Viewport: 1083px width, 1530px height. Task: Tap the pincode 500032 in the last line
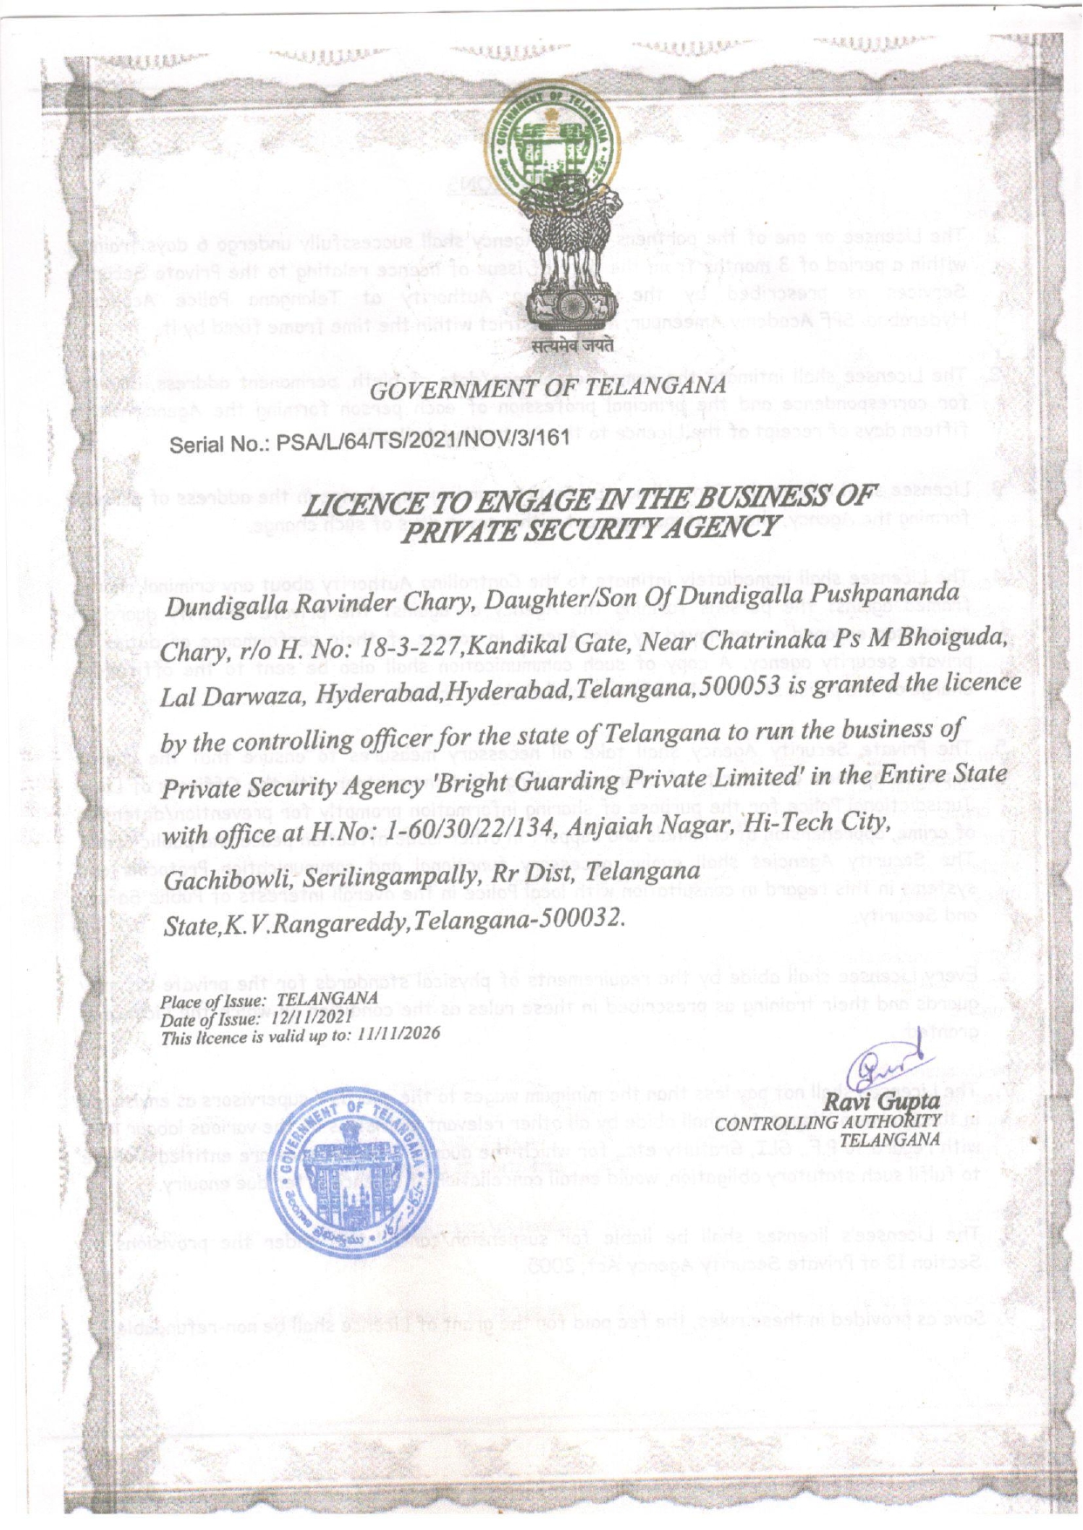[x=578, y=918]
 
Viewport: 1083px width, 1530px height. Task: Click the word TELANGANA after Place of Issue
[x=327, y=999]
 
